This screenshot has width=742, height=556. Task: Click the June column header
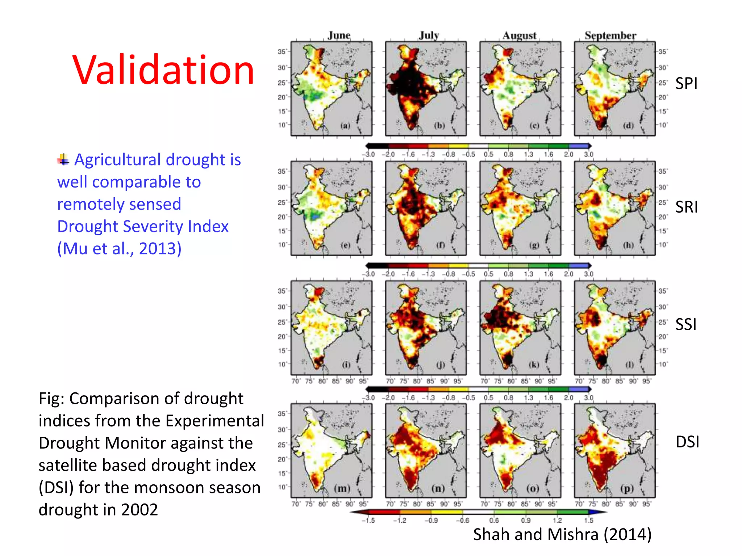point(339,35)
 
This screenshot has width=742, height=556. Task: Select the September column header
point(610,35)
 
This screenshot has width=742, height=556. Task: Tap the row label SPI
point(686,83)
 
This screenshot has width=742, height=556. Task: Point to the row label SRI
point(686,207)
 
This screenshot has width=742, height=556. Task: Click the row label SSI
point(685,324)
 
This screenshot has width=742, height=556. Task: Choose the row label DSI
point(687,442)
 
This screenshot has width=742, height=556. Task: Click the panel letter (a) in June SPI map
point(345,126)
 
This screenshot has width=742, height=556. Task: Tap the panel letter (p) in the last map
point(627,489)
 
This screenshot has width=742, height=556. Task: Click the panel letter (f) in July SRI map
point(440,245)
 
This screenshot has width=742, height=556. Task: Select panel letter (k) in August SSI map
point(534,365)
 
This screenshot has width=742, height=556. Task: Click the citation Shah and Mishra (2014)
point(562,534)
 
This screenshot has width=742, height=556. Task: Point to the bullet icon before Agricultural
point(63,159)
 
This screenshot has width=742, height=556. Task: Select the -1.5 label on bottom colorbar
point(368,521)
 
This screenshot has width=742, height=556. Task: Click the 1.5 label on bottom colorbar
point(589,521)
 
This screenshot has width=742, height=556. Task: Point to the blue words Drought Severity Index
point(143,227)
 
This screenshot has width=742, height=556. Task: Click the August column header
point(519,35)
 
